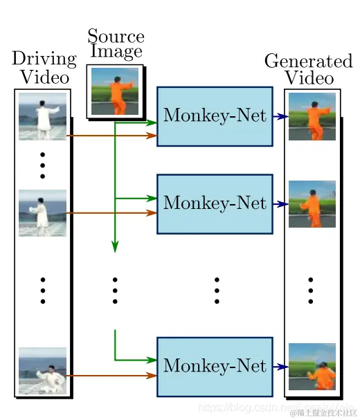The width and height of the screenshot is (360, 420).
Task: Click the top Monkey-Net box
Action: pos(215,116)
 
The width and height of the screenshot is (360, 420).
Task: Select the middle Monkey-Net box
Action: pos(215,203)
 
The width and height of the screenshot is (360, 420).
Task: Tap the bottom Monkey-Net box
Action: pos(215,366)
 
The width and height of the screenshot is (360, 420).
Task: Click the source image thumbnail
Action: pos(115,91)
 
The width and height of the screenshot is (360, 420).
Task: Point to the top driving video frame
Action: pos(42,116)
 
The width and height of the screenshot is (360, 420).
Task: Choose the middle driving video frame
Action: pos(42,212)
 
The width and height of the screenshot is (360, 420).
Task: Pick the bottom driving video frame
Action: pos(42,371)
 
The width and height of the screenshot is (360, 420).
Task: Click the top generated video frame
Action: pos(312,116)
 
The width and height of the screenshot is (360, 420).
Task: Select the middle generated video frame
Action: pos(312,204)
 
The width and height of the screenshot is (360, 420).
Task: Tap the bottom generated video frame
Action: pos(312,366)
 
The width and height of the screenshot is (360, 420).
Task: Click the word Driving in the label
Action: pos(44,60)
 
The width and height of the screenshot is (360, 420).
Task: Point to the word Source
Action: pos(116,37)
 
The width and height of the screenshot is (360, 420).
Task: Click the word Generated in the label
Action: pos(308,61)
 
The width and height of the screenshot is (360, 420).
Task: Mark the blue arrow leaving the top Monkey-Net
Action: pos(279,117)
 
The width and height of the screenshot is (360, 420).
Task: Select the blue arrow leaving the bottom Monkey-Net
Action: pos(279,367)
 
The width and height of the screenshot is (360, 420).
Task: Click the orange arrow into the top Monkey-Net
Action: pos(111,136)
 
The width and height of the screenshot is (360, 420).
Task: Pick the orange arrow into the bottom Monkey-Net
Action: pos(111,376)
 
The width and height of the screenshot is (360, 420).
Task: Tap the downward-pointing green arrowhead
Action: pos(115,246)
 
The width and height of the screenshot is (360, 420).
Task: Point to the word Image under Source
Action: pos(116,52)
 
